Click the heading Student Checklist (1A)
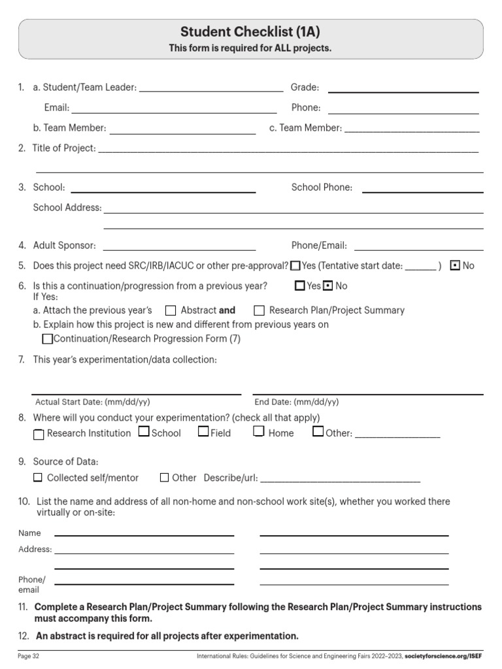click(x=250, y=31)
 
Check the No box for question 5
click(x=456, y=266)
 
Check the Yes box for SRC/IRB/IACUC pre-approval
click(x=295, y=266)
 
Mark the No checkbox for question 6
click(x=329, y=286)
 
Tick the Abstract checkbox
click(x=171, y=310)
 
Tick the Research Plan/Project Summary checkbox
click(x=259, y=310)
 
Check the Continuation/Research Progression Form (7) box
click(x=47, y=339)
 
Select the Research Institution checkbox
click(x=39, y=434)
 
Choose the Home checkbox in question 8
click(x=259, y=431)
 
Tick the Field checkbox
click(x=203, y=431)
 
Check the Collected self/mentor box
click(x=38, y=478)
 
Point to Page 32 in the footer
click(x=29, y=655)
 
